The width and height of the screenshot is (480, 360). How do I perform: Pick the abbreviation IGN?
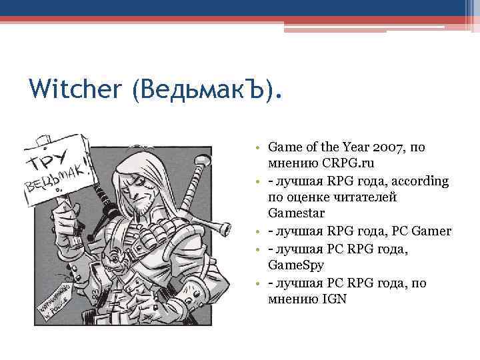point(333,300)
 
